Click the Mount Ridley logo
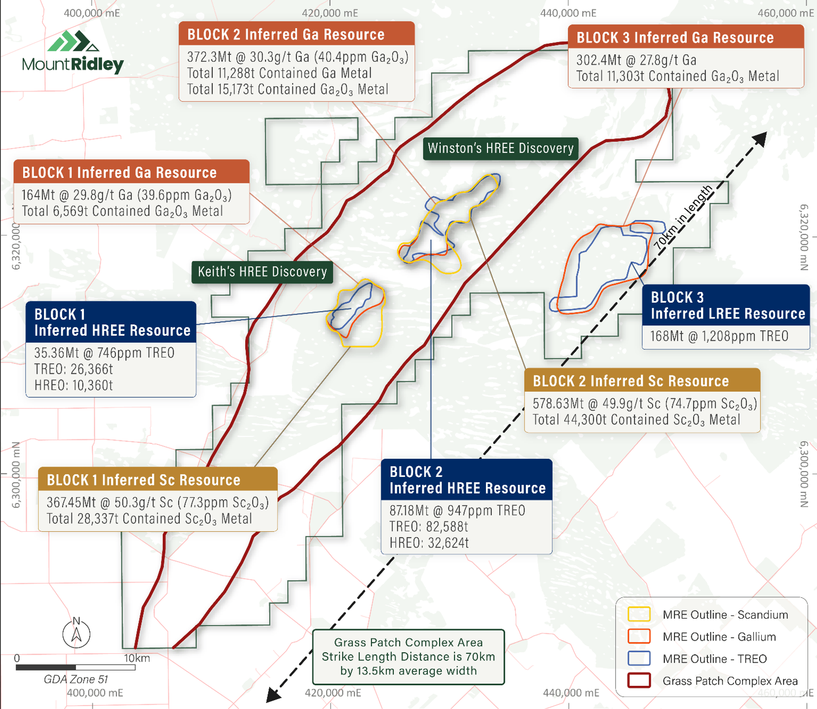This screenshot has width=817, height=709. (x=73, y=52)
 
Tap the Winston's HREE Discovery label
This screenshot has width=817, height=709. (x=501, y=148)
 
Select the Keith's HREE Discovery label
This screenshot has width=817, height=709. (x=262, y=272)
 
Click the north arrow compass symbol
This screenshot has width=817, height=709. (x=76, y=632)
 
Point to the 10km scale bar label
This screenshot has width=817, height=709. (x=137, y=658)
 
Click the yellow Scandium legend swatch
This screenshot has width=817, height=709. (x=639, y=614)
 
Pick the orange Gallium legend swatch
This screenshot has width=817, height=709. (x=639, y=636)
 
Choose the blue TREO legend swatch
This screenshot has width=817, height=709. (x=639, y=658)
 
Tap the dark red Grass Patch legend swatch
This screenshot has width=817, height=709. (x=639, y=680)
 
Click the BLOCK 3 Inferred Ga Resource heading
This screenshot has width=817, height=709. (x=675, y=38)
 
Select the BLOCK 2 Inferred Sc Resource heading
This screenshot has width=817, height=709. (x=631, y=381)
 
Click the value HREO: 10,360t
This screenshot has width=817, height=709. (x=74, y=385)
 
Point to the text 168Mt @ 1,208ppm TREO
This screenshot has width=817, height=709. (x=719, y=336)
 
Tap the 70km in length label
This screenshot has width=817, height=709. (x=683, y=217)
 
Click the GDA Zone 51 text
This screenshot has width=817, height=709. (x=75, y=679)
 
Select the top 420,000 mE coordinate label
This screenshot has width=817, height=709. (x=330, y=13)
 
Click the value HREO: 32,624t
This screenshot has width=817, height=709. (x=429, y=543)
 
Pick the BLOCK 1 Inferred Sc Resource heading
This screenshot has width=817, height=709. (x=143, y=479)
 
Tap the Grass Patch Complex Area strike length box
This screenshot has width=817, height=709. (x=408, y=657)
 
